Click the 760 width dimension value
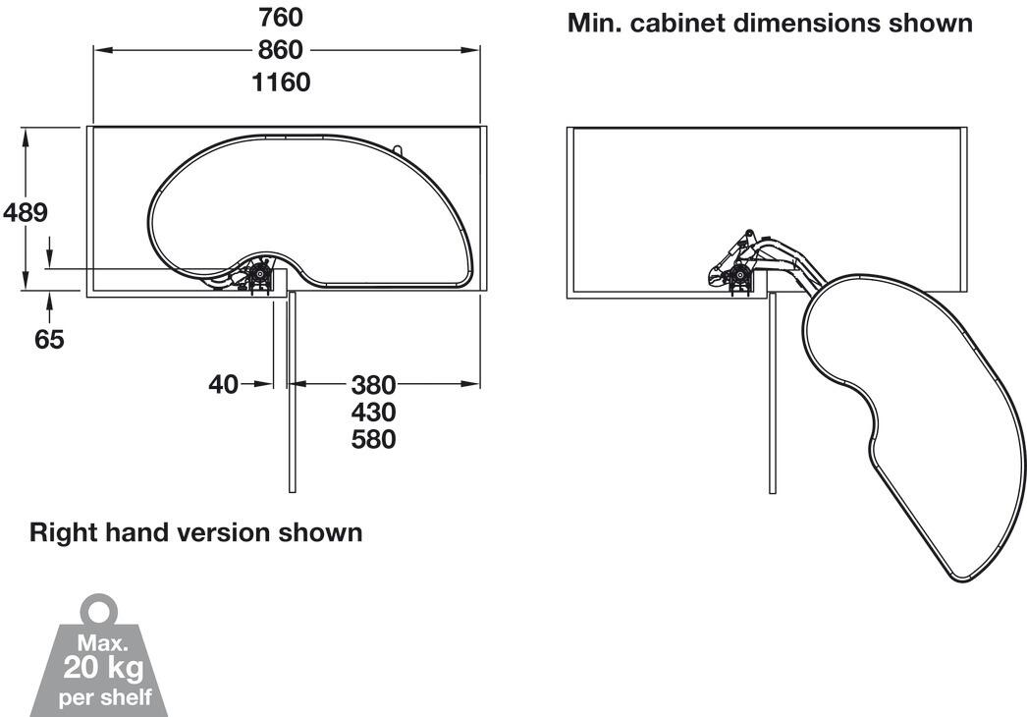tap(281, 18)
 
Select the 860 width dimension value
tap(281, 50)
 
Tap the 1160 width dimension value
tap(281, 83)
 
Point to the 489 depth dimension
tap(26, 212)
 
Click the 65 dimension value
tap(49, 340)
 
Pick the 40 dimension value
tap(223, 385)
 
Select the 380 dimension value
tap(374, 385)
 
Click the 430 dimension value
tap(374, 413)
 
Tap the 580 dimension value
tap(374, 439)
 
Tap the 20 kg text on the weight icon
tap(103, 669)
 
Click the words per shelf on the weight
tap(105, 697)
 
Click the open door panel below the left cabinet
tap(293, 393)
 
